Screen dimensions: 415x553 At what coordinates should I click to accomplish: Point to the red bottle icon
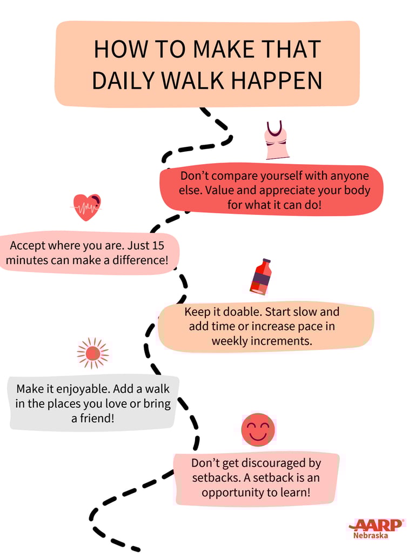[x=261, y=276]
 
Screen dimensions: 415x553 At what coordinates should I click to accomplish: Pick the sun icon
[x=92, y=353]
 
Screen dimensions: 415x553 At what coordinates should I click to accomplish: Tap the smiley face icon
[x=258, y=429]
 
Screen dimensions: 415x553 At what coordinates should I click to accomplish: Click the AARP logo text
[x=379, y=524]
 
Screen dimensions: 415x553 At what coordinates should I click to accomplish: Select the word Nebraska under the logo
[x=371, y=536]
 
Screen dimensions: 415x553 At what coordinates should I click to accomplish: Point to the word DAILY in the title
[x=123, y=80]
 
